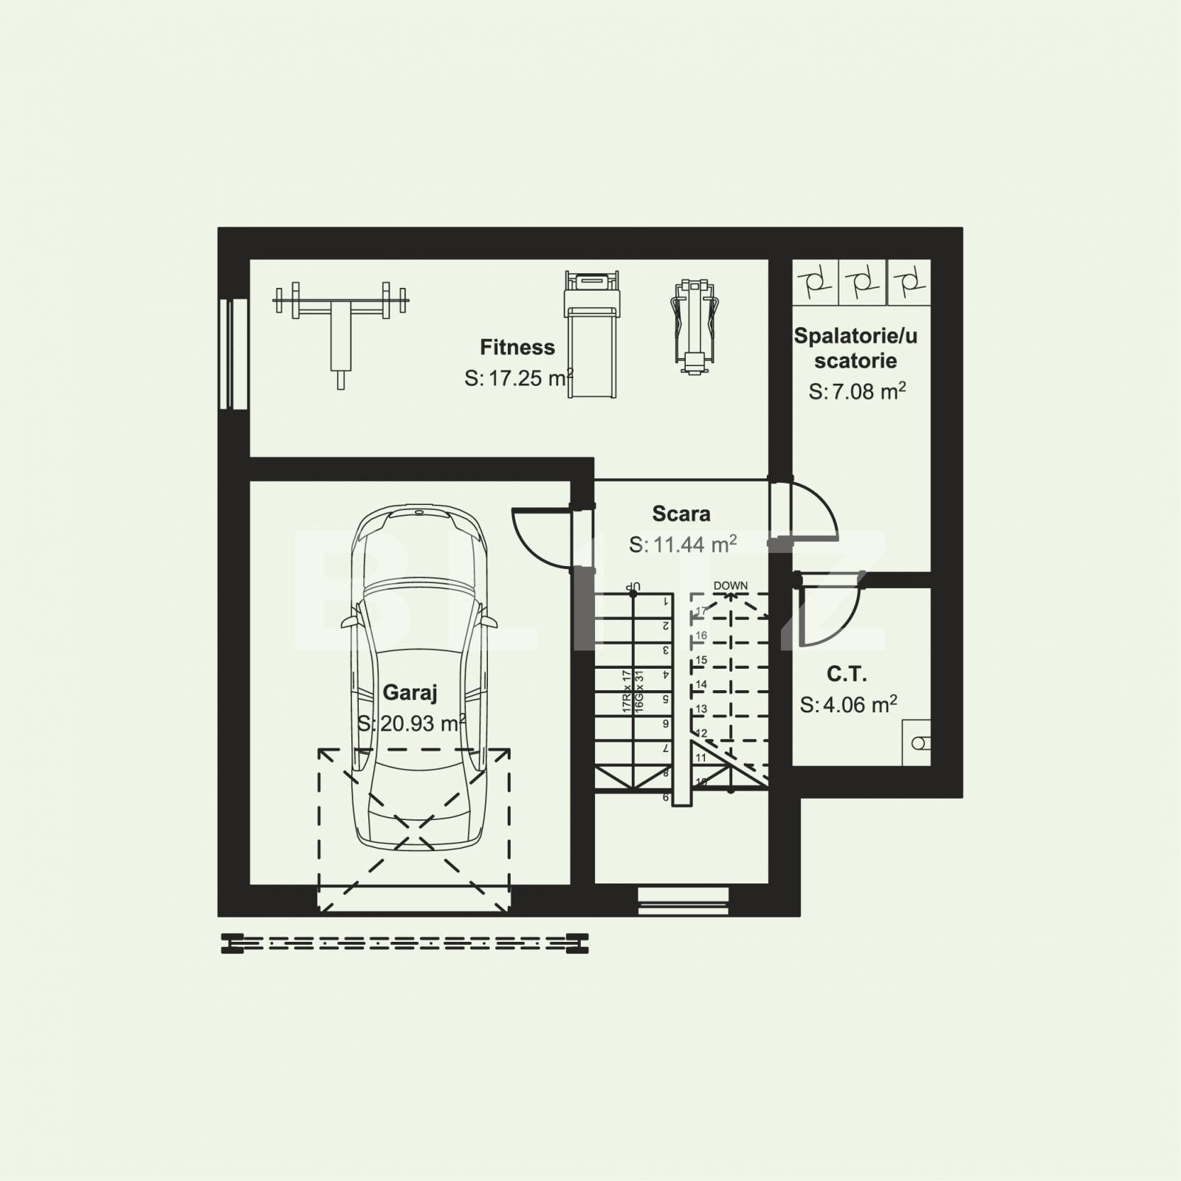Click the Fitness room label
click(x=517, y=347)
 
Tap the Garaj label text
click(x=410, y=692)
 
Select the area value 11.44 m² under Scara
click(x=683, y=545)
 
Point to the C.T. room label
click(x=846, y=674)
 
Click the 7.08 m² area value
click(x=857, y=391)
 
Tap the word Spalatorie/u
click(x=855, y=336)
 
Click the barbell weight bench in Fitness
click(x=340, y=325)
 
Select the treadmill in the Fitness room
click(x=591, y=332)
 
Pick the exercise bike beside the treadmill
click(x=694, y=325)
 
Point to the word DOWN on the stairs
click(x=730, y=585)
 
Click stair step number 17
click(x=700, y=611)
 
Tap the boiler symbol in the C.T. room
click(x=917, y=743)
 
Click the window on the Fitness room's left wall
click(x=233, y=354)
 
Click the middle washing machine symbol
click(x=862, y=282)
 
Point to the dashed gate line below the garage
click(x=404, y=943)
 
